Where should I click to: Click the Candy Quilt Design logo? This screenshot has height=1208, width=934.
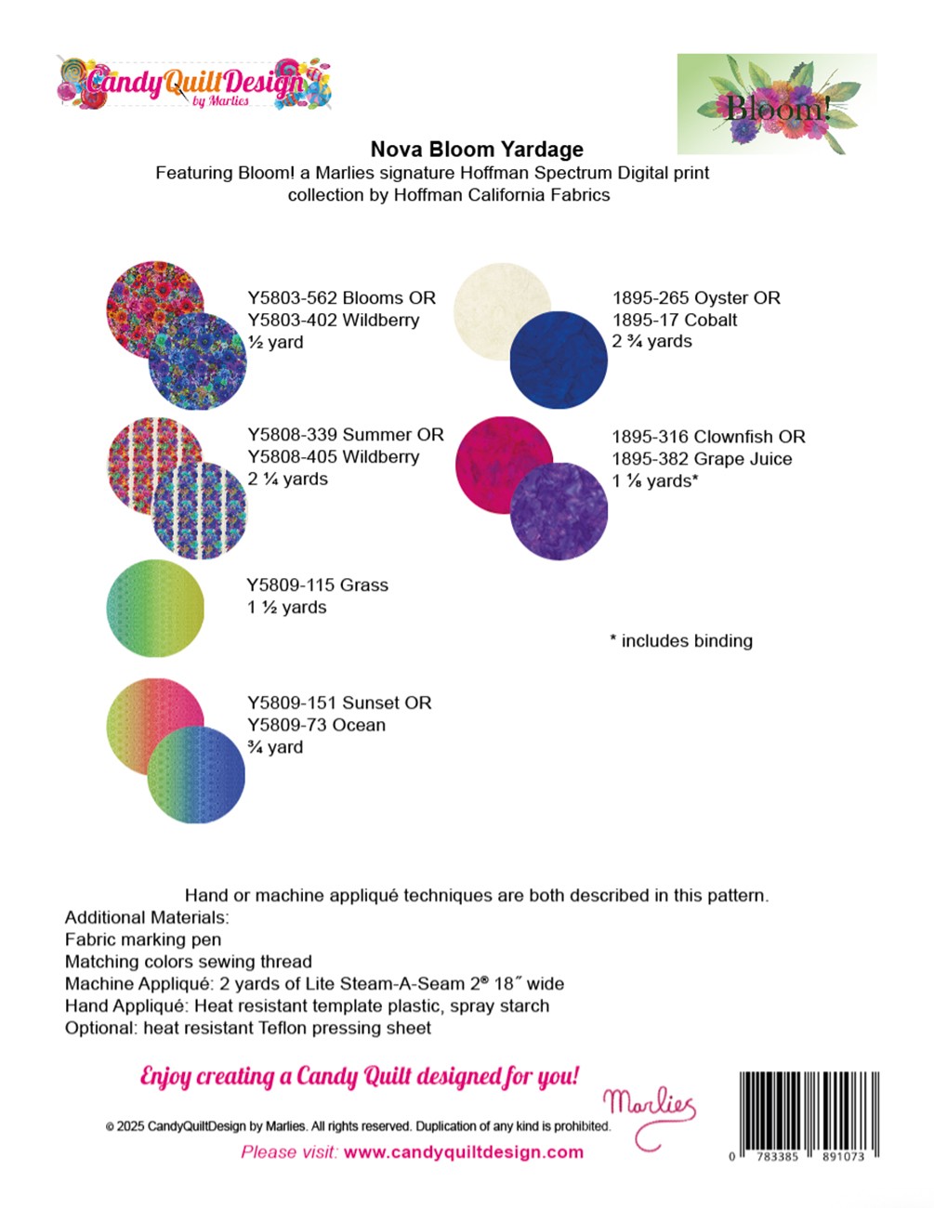pyautogui.click(x=194, y=84)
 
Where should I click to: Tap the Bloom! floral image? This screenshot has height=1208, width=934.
pyautogui.click(x=776, y=103)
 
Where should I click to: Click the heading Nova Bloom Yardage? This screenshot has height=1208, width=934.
pyautogui.click(x=477, y=150)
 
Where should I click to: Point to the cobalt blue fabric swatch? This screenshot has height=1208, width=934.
pyautogui.click(x=559, y=360)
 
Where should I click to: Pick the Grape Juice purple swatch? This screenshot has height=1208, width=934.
pyautogui.click(x=559, y=511)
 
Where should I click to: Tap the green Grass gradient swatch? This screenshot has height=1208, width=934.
pyautogui.click(x=155, y=608)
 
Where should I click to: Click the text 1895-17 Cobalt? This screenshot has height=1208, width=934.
pyautogui.click(x=674, y=320)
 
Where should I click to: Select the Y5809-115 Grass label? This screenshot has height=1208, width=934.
pyautogui.click(x=317, y=585)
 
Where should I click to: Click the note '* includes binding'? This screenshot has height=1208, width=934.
pyautogui.click(x=681, y=640)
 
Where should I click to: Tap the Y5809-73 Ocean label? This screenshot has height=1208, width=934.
pyautogui.click(x=316, y=725)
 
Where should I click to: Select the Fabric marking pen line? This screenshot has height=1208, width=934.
pyautogui.click(x=143, y=939)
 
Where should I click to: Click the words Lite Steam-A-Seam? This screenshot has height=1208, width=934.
pyautogui.click(x=405, y=983)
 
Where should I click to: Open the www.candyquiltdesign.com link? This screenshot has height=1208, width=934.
pyautogui.click(x=463, y=1152)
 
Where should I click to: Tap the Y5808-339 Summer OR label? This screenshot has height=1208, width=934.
pyautogui.click(x=345, y=435)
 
